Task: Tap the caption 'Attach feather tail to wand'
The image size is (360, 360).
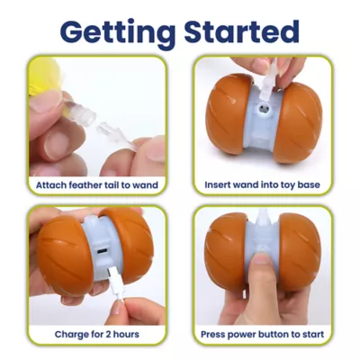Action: pos(96,186)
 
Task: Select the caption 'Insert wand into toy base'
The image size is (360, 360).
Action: pos(263,186)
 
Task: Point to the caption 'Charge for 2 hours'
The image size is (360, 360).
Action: pos(96,335)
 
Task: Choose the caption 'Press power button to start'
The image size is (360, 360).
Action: pos(263,335)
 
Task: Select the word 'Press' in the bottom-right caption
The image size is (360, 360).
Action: pos(219,335)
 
